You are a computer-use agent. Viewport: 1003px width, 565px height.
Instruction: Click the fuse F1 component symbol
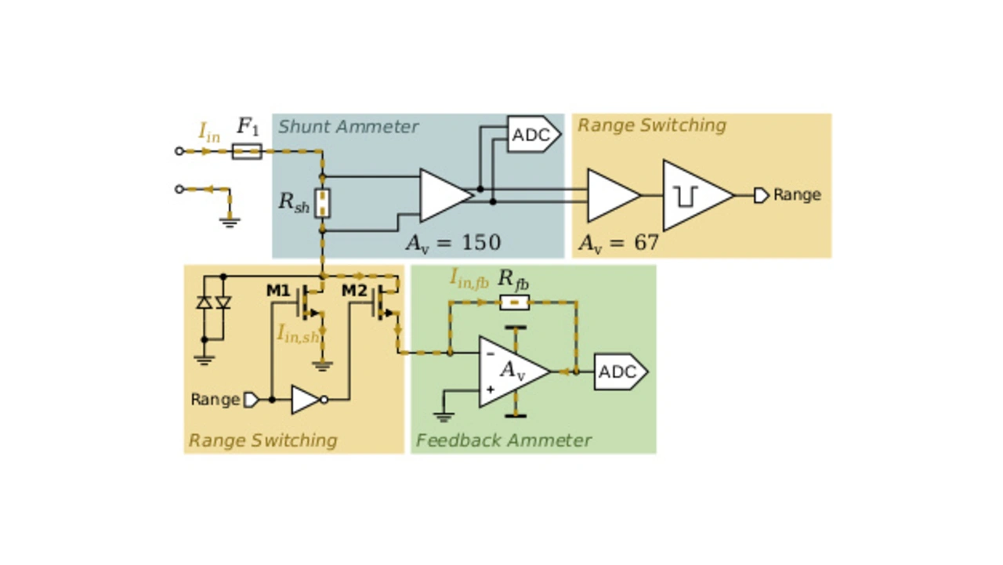tap(247, 150)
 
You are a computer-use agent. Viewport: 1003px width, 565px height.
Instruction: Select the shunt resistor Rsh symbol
tap(322, 203)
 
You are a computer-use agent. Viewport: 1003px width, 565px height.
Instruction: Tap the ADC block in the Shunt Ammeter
tap(534, 135)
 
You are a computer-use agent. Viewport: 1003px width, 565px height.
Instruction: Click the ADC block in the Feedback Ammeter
tap(620, 372)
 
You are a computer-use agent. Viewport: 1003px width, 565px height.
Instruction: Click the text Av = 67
tap(618, 243)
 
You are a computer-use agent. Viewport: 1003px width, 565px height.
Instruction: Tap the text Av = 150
tap(453, 243)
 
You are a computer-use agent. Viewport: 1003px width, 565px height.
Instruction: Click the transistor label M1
tap(278, 292)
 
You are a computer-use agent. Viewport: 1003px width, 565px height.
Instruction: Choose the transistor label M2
tap(354, 292)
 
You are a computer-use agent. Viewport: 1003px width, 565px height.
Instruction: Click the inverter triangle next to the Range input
tap(305, 400)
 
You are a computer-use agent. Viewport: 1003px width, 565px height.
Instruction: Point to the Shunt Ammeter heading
tap(349, 127)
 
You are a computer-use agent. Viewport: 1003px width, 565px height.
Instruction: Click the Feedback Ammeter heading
tap(503, 440)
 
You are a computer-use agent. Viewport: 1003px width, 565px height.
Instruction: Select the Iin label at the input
tap(208, 132)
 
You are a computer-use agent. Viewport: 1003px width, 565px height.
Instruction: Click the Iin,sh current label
tap(298, 333)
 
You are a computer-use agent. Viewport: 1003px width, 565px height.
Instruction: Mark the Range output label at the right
tap(796, 195)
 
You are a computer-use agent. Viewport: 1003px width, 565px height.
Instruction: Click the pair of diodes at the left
tap(213, 302)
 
